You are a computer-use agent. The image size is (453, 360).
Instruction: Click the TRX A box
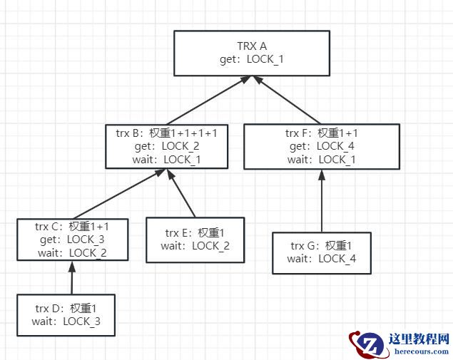[251, 53]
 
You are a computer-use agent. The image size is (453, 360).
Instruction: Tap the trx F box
[320, 146]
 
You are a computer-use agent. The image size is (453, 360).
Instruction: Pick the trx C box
[71, 240]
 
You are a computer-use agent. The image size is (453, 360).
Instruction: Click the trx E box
[195, 240]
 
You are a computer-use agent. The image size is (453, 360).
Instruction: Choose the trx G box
[322, 252]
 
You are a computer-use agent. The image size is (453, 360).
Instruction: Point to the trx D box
[66, 315]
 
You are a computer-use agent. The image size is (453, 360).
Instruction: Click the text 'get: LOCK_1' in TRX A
[251, 59]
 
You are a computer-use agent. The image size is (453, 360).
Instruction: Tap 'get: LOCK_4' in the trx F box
[320, 146]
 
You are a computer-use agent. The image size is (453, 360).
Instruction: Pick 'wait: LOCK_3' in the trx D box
[66, 321]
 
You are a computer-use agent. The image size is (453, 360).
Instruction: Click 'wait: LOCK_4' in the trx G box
[322, 259]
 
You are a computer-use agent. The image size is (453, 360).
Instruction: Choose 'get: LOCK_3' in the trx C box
[72, 240]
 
